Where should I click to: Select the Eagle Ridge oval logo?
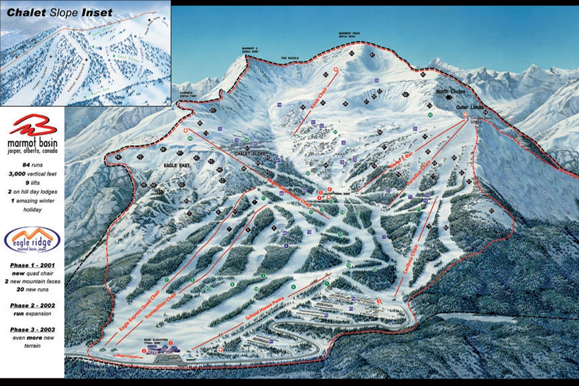32,240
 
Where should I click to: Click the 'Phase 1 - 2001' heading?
32,265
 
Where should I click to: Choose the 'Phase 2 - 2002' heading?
32,305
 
